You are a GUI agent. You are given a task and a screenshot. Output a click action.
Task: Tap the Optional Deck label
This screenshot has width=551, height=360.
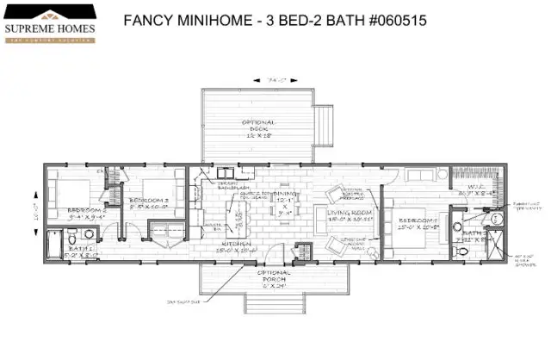(x=258, y=128)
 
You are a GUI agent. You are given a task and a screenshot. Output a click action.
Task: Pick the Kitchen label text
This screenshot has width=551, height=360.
(x=237, y=245)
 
